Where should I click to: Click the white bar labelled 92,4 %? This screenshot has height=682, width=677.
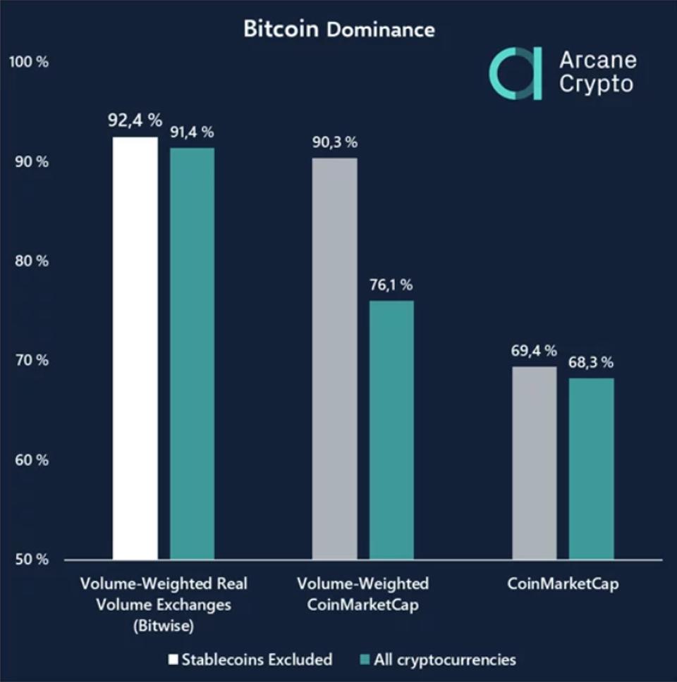135,348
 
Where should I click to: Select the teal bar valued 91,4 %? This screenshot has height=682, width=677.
192,354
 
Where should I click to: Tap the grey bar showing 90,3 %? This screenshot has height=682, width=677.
334,359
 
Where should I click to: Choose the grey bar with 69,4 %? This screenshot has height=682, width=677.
534,463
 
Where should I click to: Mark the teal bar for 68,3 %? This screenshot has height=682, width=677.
591,469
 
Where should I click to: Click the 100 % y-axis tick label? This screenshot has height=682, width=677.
29,62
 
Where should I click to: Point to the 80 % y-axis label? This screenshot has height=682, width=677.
32,261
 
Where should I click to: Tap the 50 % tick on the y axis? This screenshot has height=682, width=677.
32,560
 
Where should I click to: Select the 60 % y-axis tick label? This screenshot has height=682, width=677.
32,461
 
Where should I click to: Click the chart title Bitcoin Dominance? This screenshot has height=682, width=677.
338,30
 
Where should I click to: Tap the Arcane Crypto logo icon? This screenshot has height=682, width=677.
516,73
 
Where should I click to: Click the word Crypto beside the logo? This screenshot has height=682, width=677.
596,84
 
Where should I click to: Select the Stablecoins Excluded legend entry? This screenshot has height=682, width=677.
250,660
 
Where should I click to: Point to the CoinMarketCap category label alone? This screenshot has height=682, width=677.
562,584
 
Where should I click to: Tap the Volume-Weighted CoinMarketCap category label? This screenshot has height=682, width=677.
362,595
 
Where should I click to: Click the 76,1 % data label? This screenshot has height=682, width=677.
391,285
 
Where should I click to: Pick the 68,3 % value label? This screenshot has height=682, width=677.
591,363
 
